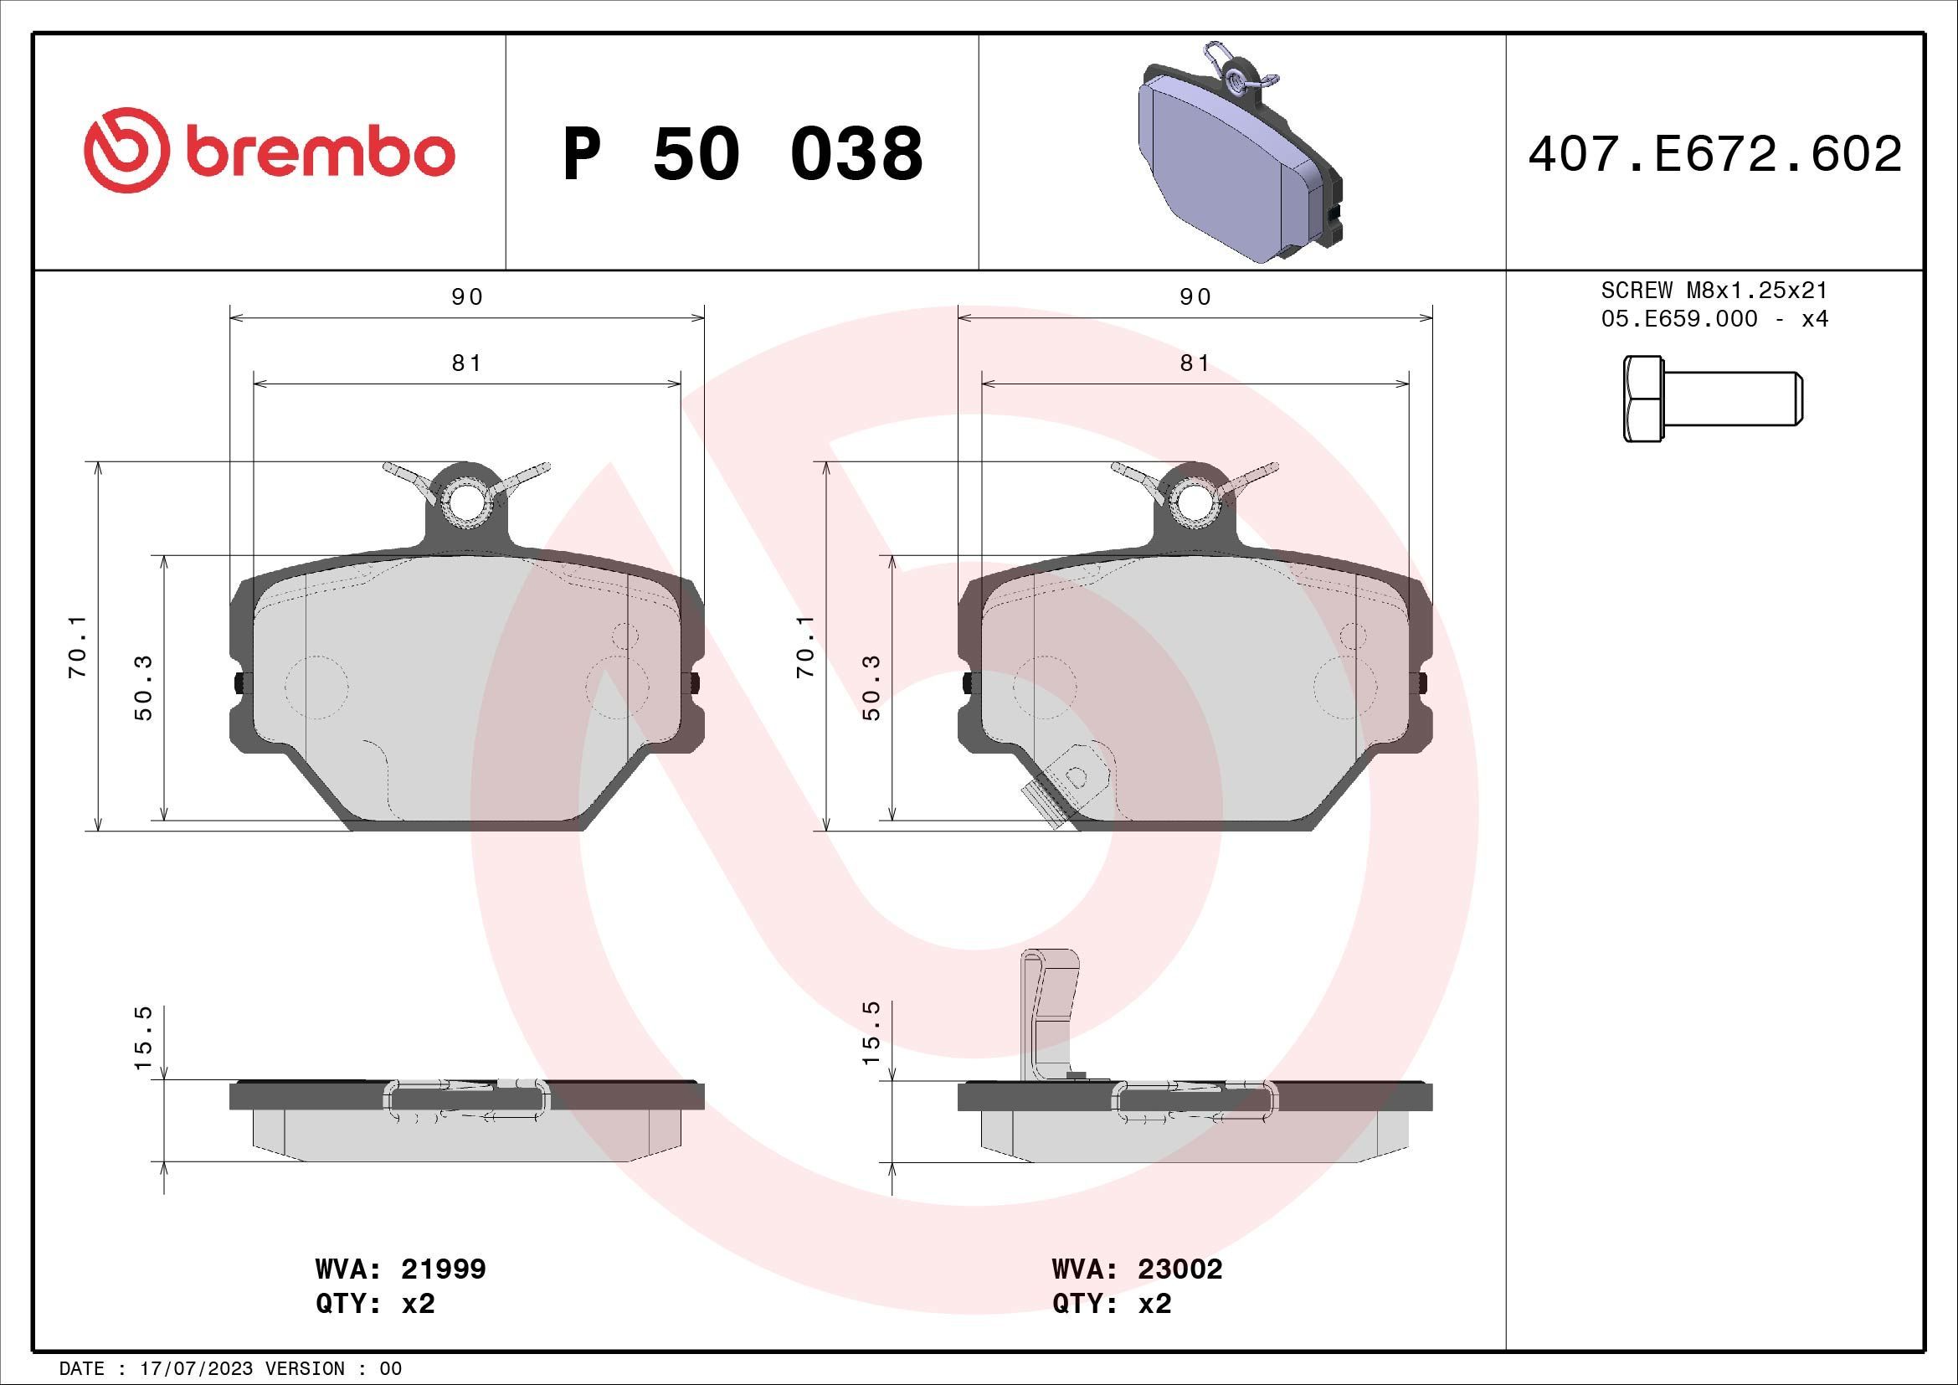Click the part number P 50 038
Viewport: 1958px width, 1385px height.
(x=743, y=154)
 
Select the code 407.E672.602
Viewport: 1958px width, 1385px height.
(x=1715, y=154)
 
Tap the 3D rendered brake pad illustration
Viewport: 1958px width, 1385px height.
(x=1241, y=153)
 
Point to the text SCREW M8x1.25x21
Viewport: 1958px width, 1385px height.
(x=1715, y=291)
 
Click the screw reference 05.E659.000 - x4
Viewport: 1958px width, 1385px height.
(x=1715, y=319)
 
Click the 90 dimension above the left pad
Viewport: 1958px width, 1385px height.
(x=466, y=296)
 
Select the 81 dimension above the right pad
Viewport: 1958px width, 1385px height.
(x=1195, y=363)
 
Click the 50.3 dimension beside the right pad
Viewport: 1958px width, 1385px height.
(x=871, y=687)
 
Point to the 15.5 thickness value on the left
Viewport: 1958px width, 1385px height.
(x=143, y=1037)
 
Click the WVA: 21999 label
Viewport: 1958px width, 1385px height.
(x=401, y=1269)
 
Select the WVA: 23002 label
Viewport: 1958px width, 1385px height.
(x=1137, y=1269)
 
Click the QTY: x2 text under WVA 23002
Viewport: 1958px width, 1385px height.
(x=1112, y=1304)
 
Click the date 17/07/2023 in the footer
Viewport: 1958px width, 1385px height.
(x=196, y=1369)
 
